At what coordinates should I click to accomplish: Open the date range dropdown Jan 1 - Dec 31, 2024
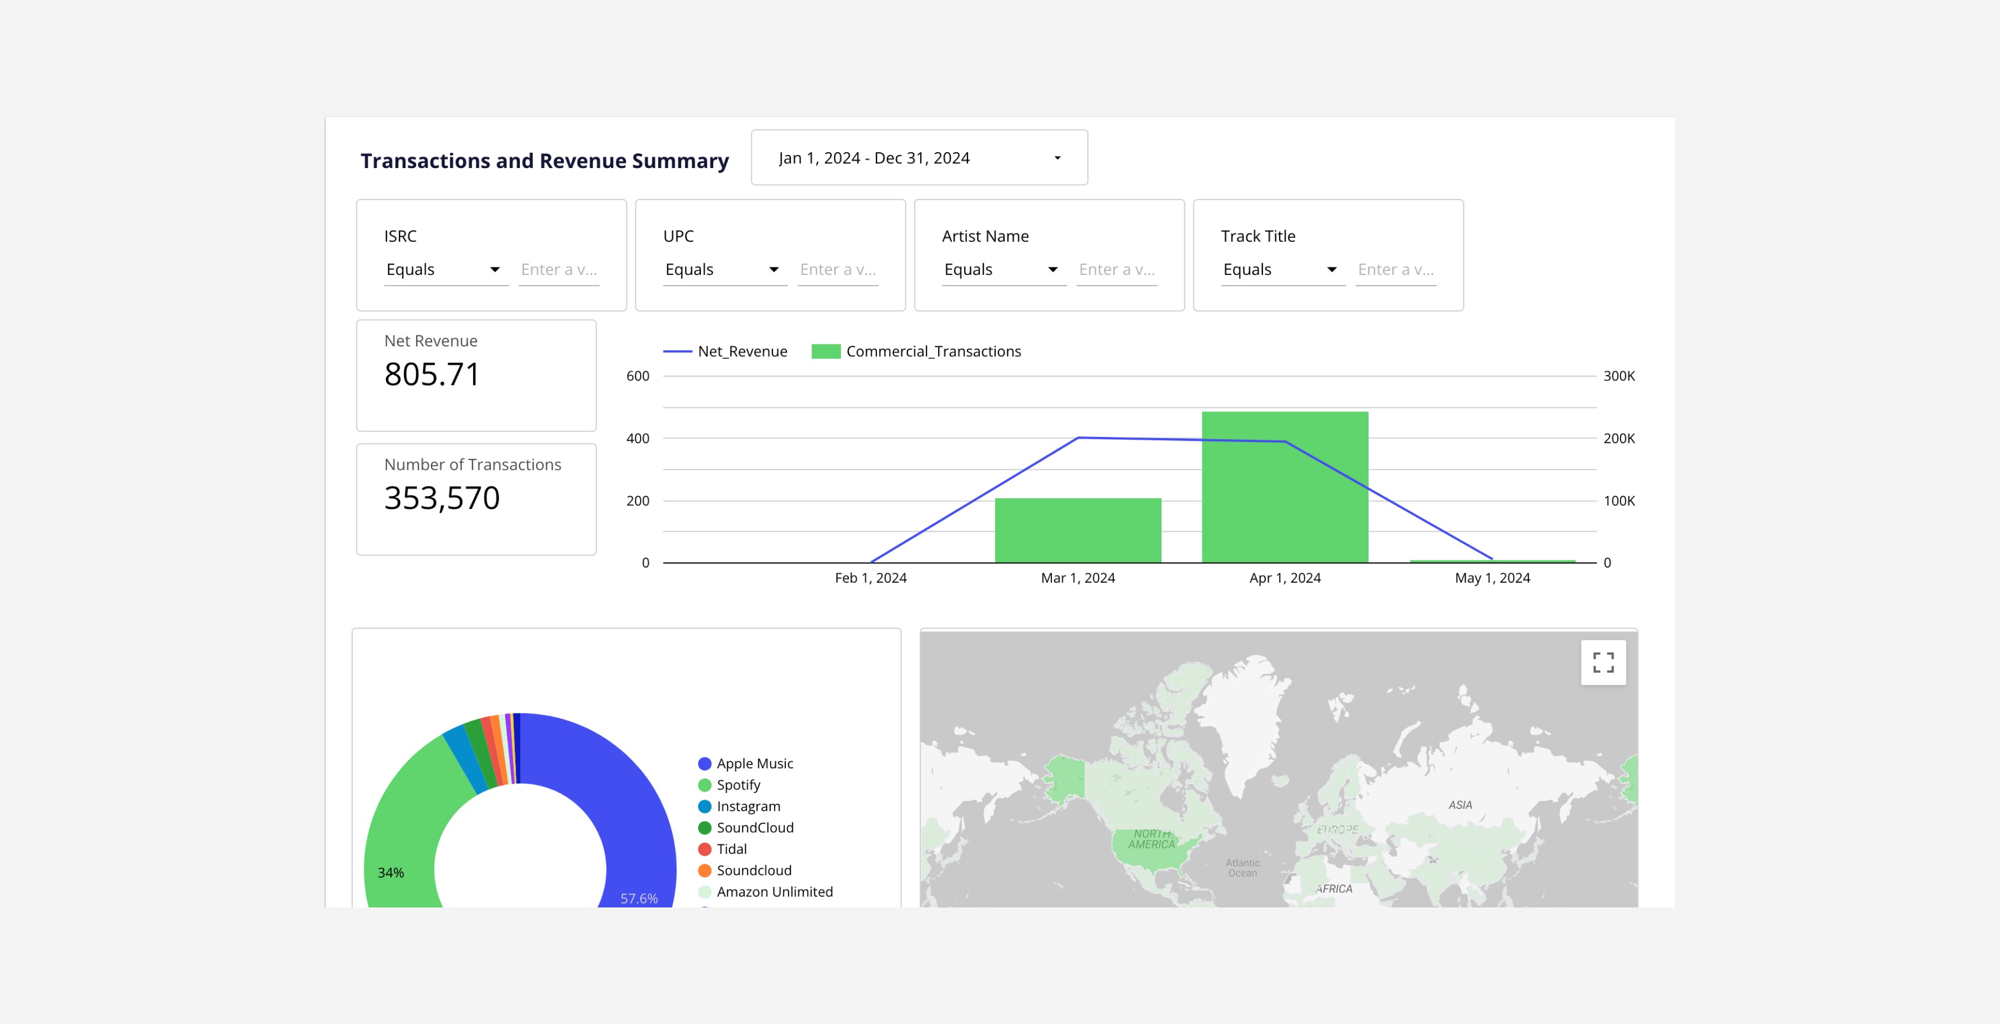point(919,158)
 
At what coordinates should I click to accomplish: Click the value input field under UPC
point(838,269)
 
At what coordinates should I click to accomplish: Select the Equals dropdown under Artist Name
point(1004,269)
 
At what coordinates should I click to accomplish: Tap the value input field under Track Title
point(1396,269)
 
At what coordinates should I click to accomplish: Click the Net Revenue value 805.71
point(431,374)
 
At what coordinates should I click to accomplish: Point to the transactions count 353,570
point(442,498)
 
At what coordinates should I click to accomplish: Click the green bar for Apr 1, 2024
point(1285,487)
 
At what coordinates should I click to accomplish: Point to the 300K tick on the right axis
point(1619,376)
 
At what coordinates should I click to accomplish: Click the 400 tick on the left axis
point(637,439)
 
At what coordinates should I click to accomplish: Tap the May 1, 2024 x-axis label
point(1492,578)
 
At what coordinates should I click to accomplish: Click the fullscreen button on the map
point(1603,662)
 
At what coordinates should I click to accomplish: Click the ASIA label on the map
point(1460,805)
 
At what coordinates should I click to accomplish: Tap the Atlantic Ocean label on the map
point(1242,868)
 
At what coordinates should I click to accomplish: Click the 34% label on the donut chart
point(391,873)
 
